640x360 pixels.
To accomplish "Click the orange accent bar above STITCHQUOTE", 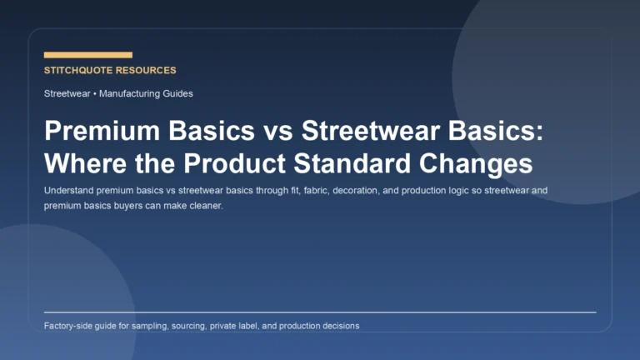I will (x=87, y=55).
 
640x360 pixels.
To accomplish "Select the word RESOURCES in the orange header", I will (x=148, y=71).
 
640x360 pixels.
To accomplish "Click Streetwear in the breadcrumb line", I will (x=67, y=93).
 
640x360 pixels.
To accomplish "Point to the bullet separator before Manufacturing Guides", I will (x=95, y=93).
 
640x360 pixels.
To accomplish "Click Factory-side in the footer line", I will (x=69, y=326).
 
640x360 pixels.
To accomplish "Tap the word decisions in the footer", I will (x=339, y=326).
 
